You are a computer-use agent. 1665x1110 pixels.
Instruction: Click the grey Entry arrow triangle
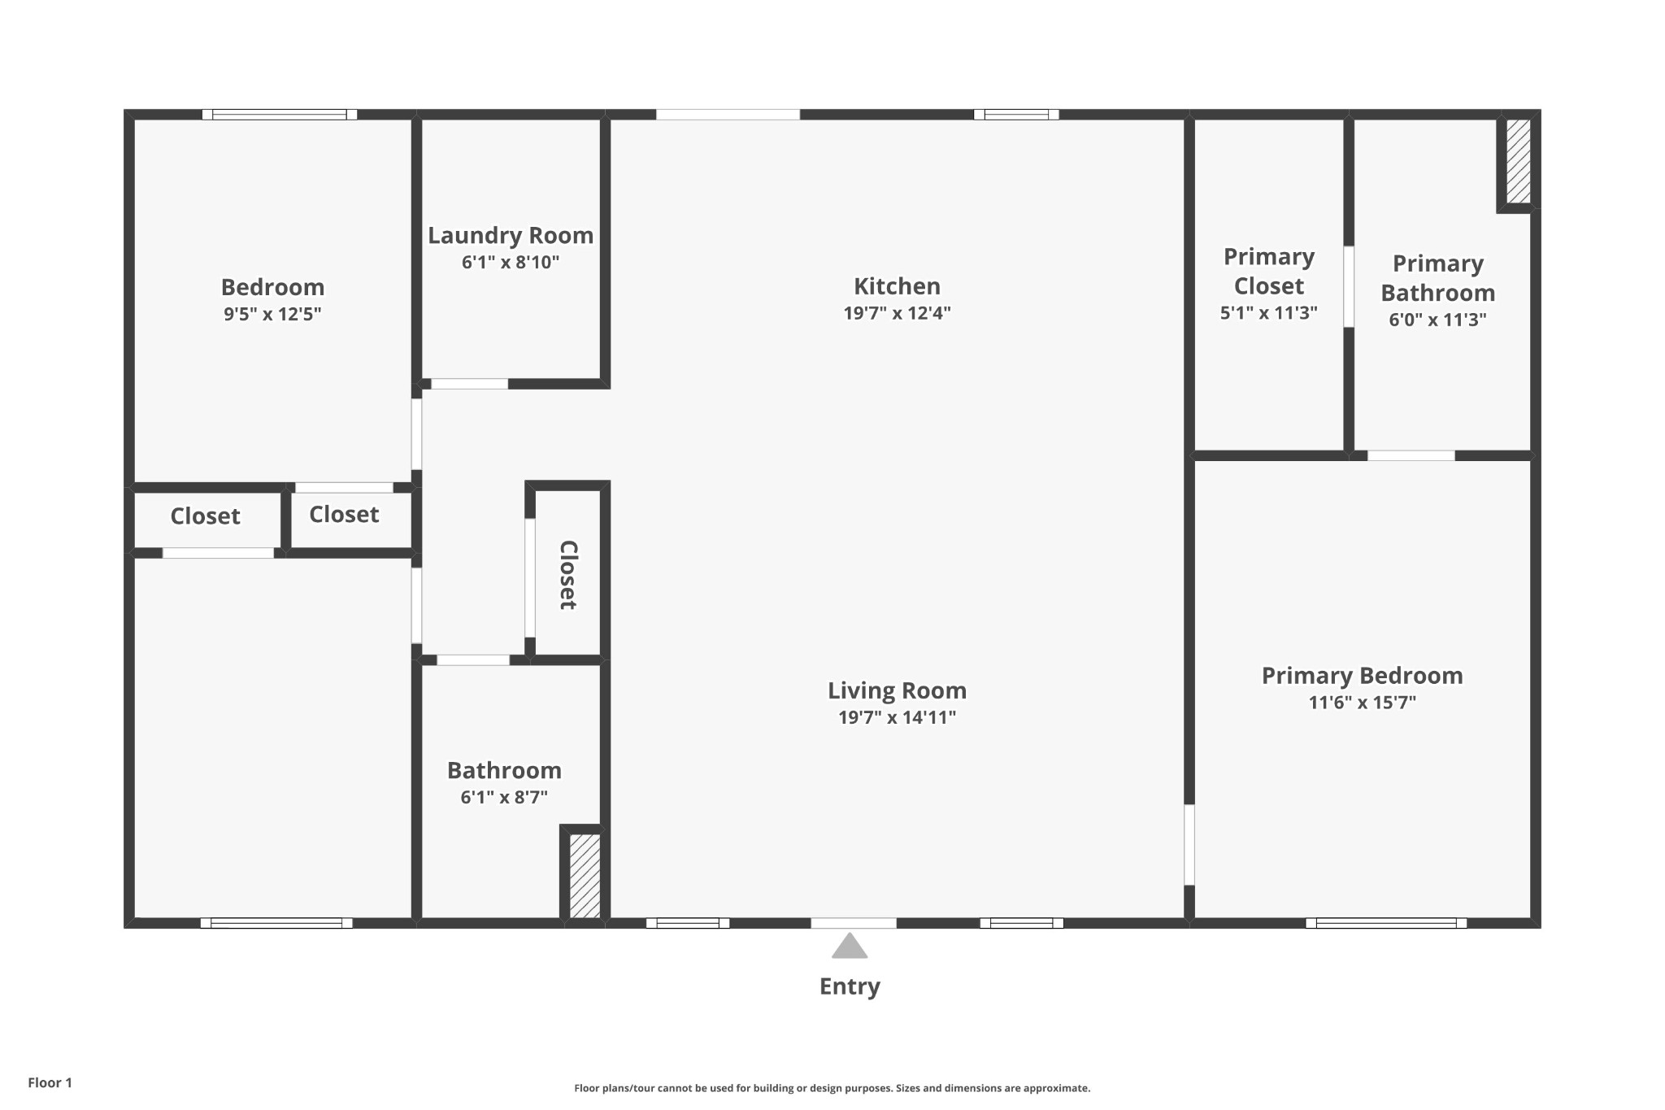pyautogui.click(x=850, y=947)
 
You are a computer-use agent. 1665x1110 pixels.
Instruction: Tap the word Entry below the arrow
pyautogui.click(x=850, y=986)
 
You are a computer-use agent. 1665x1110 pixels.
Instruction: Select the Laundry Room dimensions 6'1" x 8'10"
pyautogui.click(x=511, y=263)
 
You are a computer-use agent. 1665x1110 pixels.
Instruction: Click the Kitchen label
pyautogui.click(x=897, y=286)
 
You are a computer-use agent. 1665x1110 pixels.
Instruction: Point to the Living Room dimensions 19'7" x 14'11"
pyautogui.click(x=897, y=717)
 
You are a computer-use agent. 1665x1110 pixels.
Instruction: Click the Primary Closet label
pyautogui.click(x=1268, y=272)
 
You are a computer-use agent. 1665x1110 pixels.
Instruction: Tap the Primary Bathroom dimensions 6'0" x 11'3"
pyautogui.click(x=1437, y=320)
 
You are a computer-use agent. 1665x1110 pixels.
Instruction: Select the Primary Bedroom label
pyautogui.click(x=1362, y=676)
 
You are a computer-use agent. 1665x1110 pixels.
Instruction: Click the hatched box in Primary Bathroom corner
pyautogui.click(x=1518, y=161)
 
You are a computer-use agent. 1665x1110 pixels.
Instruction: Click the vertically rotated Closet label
pyautogui.click(x=567, y=574)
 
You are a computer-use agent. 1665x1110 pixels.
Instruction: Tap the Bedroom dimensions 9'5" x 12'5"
pyautogui.click(x=272, y=314)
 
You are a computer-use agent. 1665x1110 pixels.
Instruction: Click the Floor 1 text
pyautogui.click(x=50, y=1082)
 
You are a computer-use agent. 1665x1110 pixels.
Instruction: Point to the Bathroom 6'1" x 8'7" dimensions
pyautogui.click(x=504, y=797)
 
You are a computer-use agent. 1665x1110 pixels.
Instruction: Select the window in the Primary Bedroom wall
pyautogui.click(x=1386, y=923)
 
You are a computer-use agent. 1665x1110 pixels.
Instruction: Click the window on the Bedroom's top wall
pyautogui.click(x=280, y=115)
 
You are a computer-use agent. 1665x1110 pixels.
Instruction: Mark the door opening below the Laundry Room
pyautogui.click(x=469, y=384)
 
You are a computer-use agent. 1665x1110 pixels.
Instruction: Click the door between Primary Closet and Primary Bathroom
pyautogui.click(x=1349, y=286)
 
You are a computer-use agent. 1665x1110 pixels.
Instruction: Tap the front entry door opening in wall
pyautogui.click(x=854, y=923)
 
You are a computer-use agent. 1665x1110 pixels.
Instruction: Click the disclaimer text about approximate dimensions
pyautogui.click(x=832, y=1088)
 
